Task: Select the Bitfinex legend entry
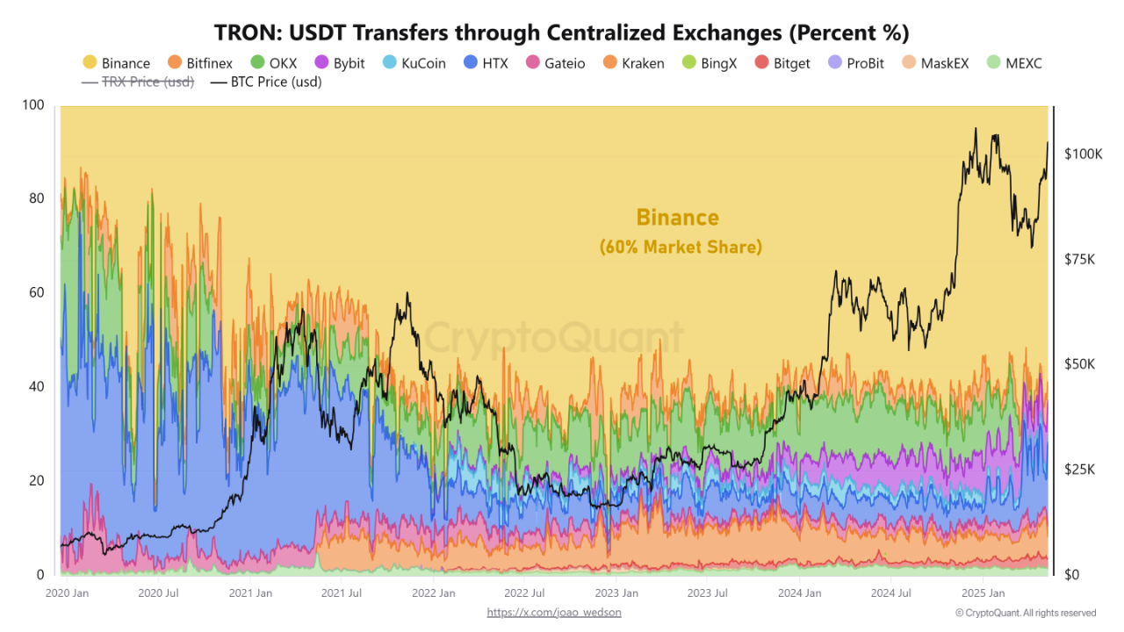tap(200, 63)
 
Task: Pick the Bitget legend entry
tap(783, 63)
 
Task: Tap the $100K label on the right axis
tap(1083, 154)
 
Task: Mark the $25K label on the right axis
tap(1083, 470)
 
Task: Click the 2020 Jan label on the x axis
tap(66, 593)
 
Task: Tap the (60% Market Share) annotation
tap(681, 248)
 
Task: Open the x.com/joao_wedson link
tap(554, 612)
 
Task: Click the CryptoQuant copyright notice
tap(1026, 613)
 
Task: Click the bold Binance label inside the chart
tap(677, 218)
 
